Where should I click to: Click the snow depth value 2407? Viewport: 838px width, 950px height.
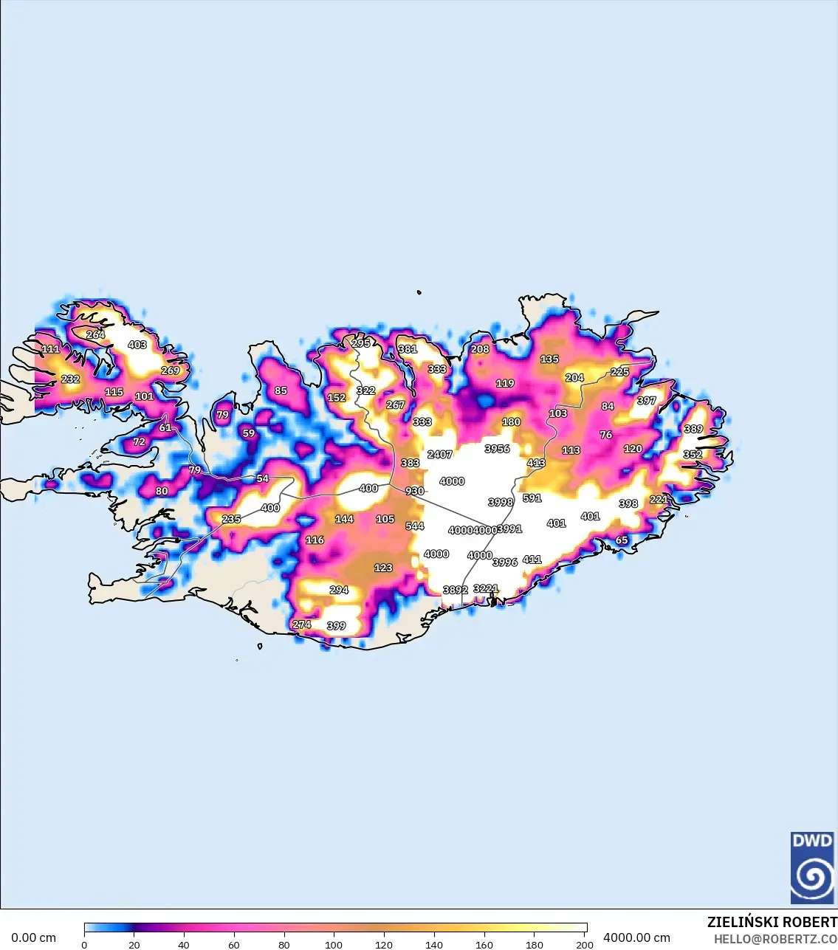(x=439, y=455)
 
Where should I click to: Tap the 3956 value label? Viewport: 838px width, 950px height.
(x=497, y=449)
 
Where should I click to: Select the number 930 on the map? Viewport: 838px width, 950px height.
(x=415, y=492)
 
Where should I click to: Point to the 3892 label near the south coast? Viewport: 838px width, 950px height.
(x=455, y=591)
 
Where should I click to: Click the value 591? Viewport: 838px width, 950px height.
(x=532, y=499)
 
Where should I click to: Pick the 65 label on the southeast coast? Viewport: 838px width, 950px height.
(x=622, y=540)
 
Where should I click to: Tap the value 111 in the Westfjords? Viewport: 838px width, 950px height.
(x=50, y=349)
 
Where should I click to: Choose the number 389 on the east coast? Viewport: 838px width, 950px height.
(x=693, y=430)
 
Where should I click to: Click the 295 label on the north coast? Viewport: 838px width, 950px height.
(x=361, y=343)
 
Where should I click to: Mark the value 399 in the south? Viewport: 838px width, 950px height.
(x=336, y=626)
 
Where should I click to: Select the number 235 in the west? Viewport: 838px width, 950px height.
(x=231, y=520)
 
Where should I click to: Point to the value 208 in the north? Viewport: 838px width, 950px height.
(x=480, y=349)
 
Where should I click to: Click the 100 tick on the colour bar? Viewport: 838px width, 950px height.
(x=334, y=945)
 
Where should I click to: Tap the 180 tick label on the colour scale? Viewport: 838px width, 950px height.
(x=534, y=945)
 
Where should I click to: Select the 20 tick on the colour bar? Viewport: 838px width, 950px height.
(x=134, y=945)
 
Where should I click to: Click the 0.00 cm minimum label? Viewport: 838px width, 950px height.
(x=33, y=938)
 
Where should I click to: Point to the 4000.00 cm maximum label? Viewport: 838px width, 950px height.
(x=636, y=938)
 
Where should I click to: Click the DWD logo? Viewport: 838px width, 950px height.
(x=812, y=868)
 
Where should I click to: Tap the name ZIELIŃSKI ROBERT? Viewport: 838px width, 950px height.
(x=772, y=923)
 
